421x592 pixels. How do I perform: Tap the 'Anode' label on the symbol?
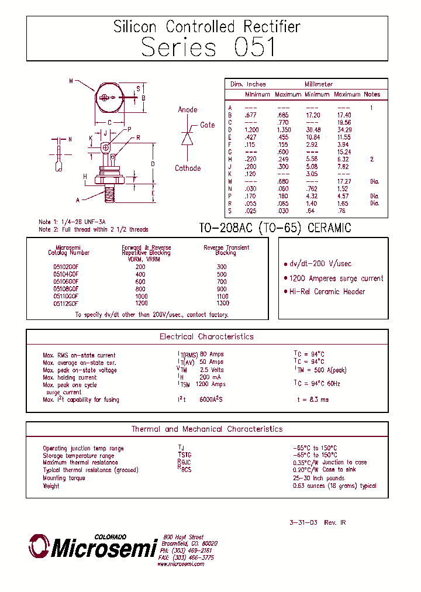(188, 110)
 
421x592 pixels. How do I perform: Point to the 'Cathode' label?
(188, 168)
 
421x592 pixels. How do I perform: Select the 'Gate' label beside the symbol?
(208, 125)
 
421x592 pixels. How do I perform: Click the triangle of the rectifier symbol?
(187, 139)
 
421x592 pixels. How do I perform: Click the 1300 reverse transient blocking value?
(222, 304)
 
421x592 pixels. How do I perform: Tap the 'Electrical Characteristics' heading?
(206, 337)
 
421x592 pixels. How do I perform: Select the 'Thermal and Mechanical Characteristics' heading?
(206, 429)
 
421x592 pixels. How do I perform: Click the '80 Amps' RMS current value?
(212, 354)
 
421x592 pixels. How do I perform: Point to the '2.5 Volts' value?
(212, 370)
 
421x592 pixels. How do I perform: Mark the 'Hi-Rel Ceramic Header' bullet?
(327, 292)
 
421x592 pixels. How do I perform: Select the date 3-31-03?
(303, 522)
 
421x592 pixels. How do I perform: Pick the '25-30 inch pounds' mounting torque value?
(319, 478)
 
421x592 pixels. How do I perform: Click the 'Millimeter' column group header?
(319, 84)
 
